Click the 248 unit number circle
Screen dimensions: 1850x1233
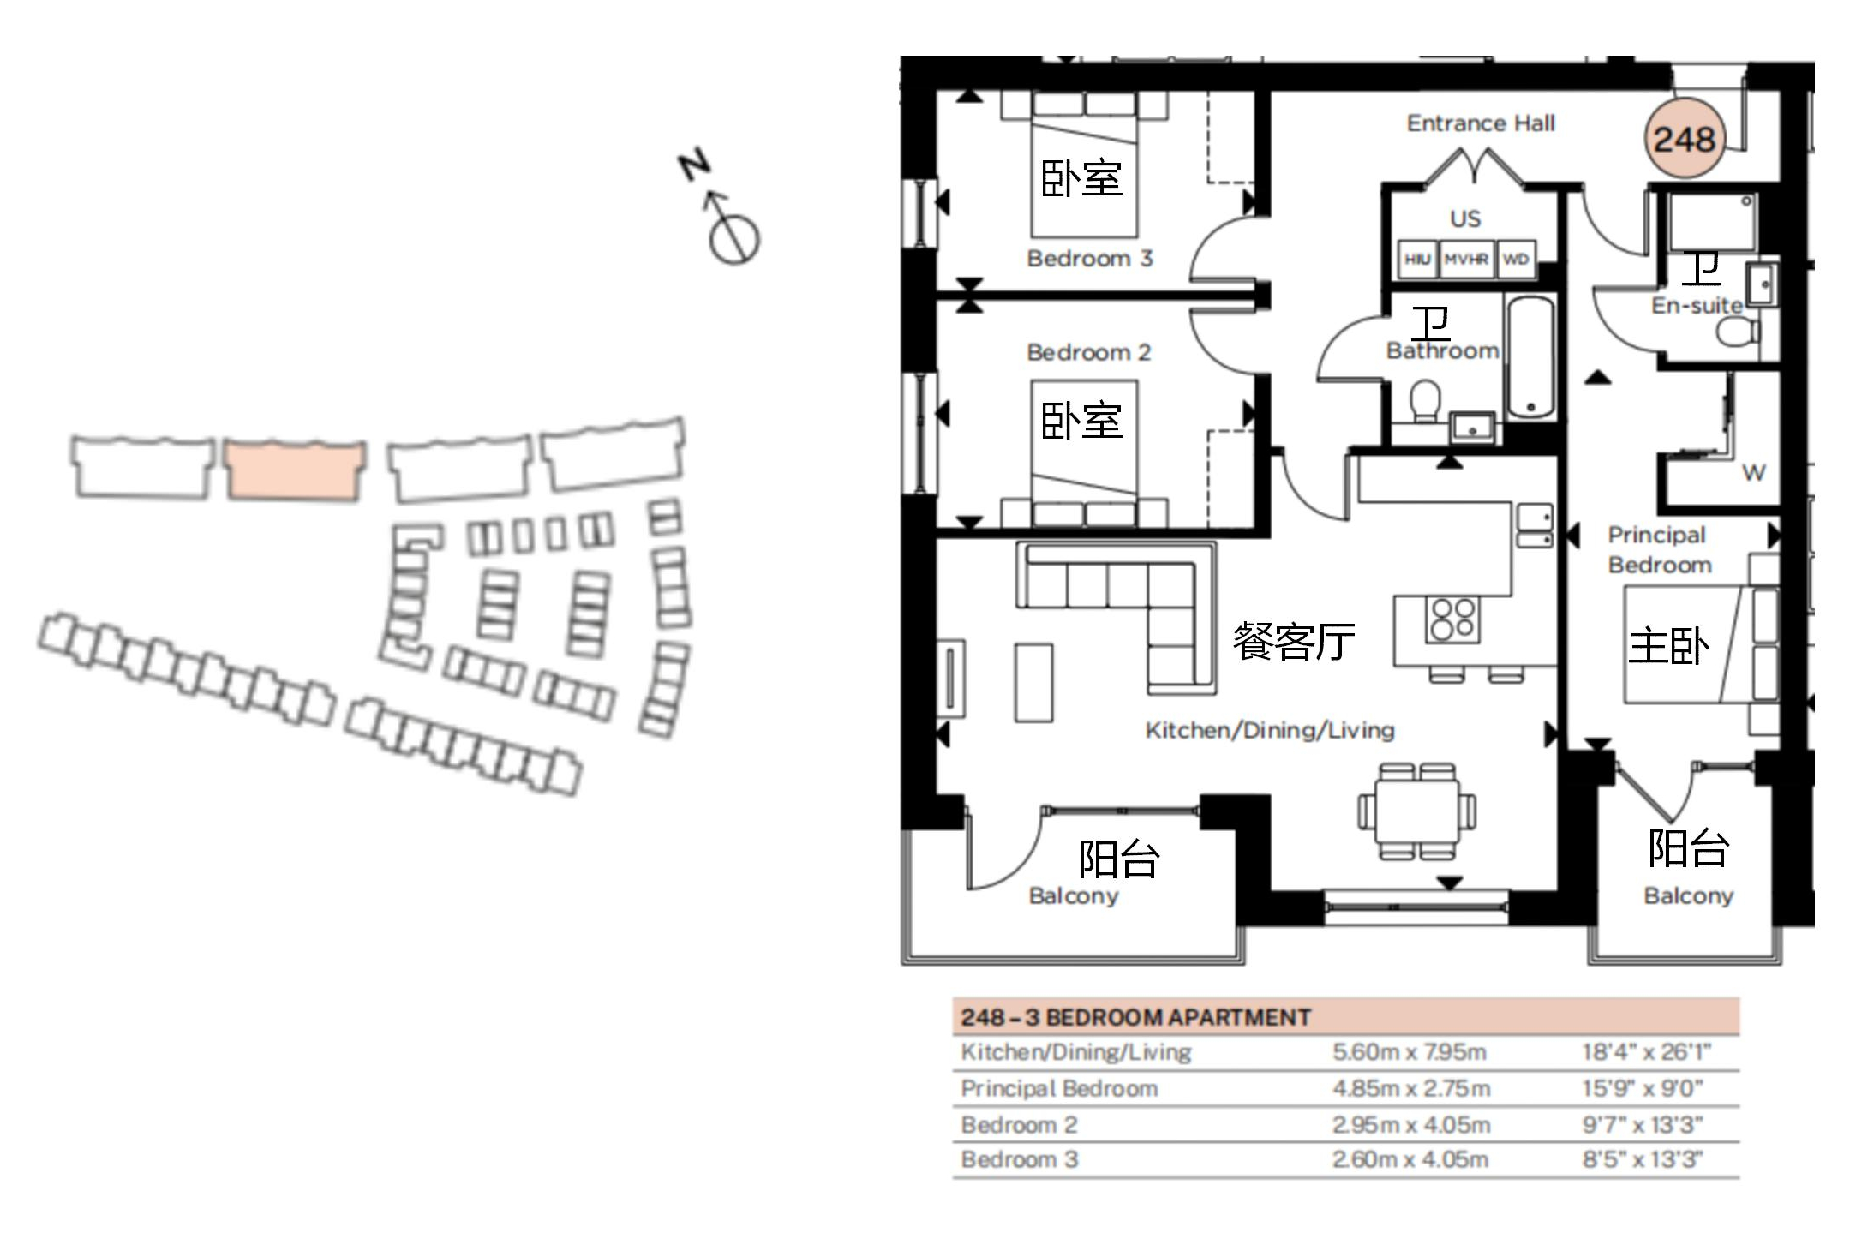[x=1684, y=139]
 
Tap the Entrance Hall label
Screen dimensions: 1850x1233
[x=1481, y=123]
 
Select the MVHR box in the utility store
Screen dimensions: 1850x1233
[x=1465, y=259]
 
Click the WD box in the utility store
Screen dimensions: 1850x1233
[x=1515, y=259]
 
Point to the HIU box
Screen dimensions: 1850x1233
[x=1417, y=259]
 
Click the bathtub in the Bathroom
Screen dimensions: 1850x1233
[x=1530, y=357]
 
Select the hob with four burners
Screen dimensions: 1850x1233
[x=1452, y=619]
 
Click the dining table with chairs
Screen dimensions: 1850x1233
[x=1416, y=811]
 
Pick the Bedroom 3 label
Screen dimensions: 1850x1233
[x=1090, y=258]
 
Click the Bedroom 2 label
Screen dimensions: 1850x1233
[x=1088, y=352]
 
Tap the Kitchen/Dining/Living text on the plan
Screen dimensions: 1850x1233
[x=1270, y=730]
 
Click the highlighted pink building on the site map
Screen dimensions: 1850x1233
[x=295, y=470]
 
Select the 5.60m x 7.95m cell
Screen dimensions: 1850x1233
[x=1409, y=1052]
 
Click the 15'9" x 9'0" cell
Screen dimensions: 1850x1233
[x=1642, y=1088]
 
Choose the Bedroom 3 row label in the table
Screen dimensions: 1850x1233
[x=1020, y=1159]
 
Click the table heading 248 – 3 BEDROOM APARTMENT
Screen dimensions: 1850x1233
[x=1135, y=1017]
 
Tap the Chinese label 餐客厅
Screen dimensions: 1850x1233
[x=1294, y=641]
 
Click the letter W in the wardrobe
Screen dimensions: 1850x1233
[x=1753, y=472]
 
